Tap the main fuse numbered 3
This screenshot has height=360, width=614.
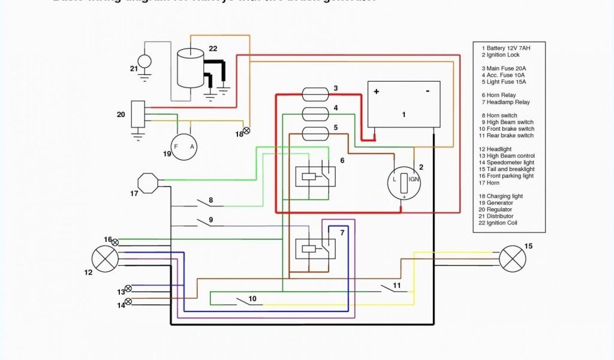(315, 94)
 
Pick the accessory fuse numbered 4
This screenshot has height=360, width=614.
(315, 113)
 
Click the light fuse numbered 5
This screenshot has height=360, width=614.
(315, 133)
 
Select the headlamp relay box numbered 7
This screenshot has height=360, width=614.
(315, 248)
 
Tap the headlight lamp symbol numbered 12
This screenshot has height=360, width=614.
(103, 259)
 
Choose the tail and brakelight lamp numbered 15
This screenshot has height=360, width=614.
(513, 259)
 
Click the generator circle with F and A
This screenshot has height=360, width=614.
(184, 147)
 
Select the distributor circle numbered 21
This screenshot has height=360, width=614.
(145, 62)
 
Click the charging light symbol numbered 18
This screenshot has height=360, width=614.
(246, 130)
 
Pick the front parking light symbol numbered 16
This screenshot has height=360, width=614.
(115, 242)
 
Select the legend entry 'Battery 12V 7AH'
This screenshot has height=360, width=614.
(508, 48)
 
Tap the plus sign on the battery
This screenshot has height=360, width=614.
(377, 91)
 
